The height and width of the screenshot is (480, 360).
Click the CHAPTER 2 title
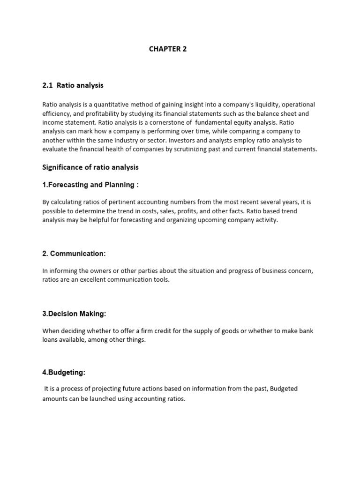pos(167,49)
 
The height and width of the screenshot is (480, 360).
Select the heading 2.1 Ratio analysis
pos(73,85)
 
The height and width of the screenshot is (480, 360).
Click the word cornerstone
pos(175,122)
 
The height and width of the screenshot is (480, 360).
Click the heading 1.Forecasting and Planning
pos(90,185)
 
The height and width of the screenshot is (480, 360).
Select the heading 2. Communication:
pos(74,254)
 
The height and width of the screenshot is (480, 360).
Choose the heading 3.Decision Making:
pos(74,314)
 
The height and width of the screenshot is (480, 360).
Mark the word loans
pos(50,340)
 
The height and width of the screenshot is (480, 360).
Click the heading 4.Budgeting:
pos(64,372)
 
